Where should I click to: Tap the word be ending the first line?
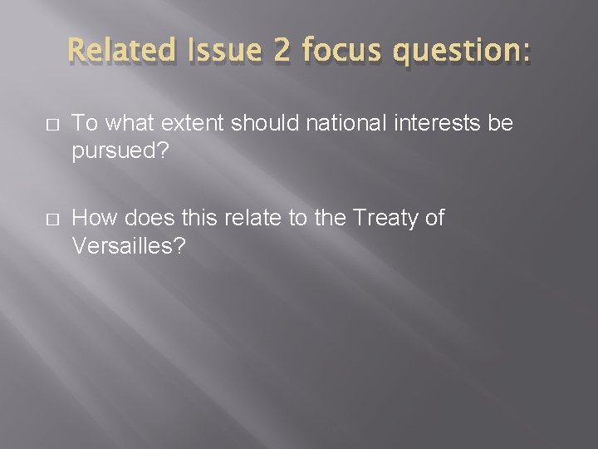coord(500,123)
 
